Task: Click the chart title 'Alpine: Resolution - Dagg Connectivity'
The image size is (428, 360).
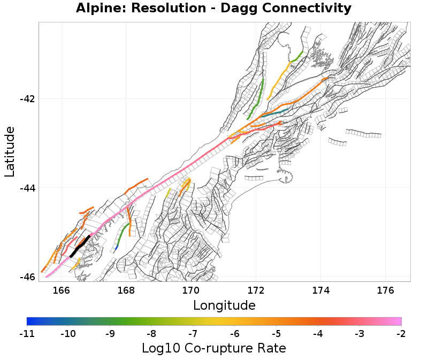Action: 213,9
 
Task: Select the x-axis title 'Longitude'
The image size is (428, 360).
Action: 224,305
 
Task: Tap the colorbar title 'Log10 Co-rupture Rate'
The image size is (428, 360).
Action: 213,348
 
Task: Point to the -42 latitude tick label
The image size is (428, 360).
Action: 27,99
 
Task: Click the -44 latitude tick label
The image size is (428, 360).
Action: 27,188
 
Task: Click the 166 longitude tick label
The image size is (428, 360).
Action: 62,290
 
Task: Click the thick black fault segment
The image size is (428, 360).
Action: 80,246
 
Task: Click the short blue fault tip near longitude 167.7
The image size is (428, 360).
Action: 117,247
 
